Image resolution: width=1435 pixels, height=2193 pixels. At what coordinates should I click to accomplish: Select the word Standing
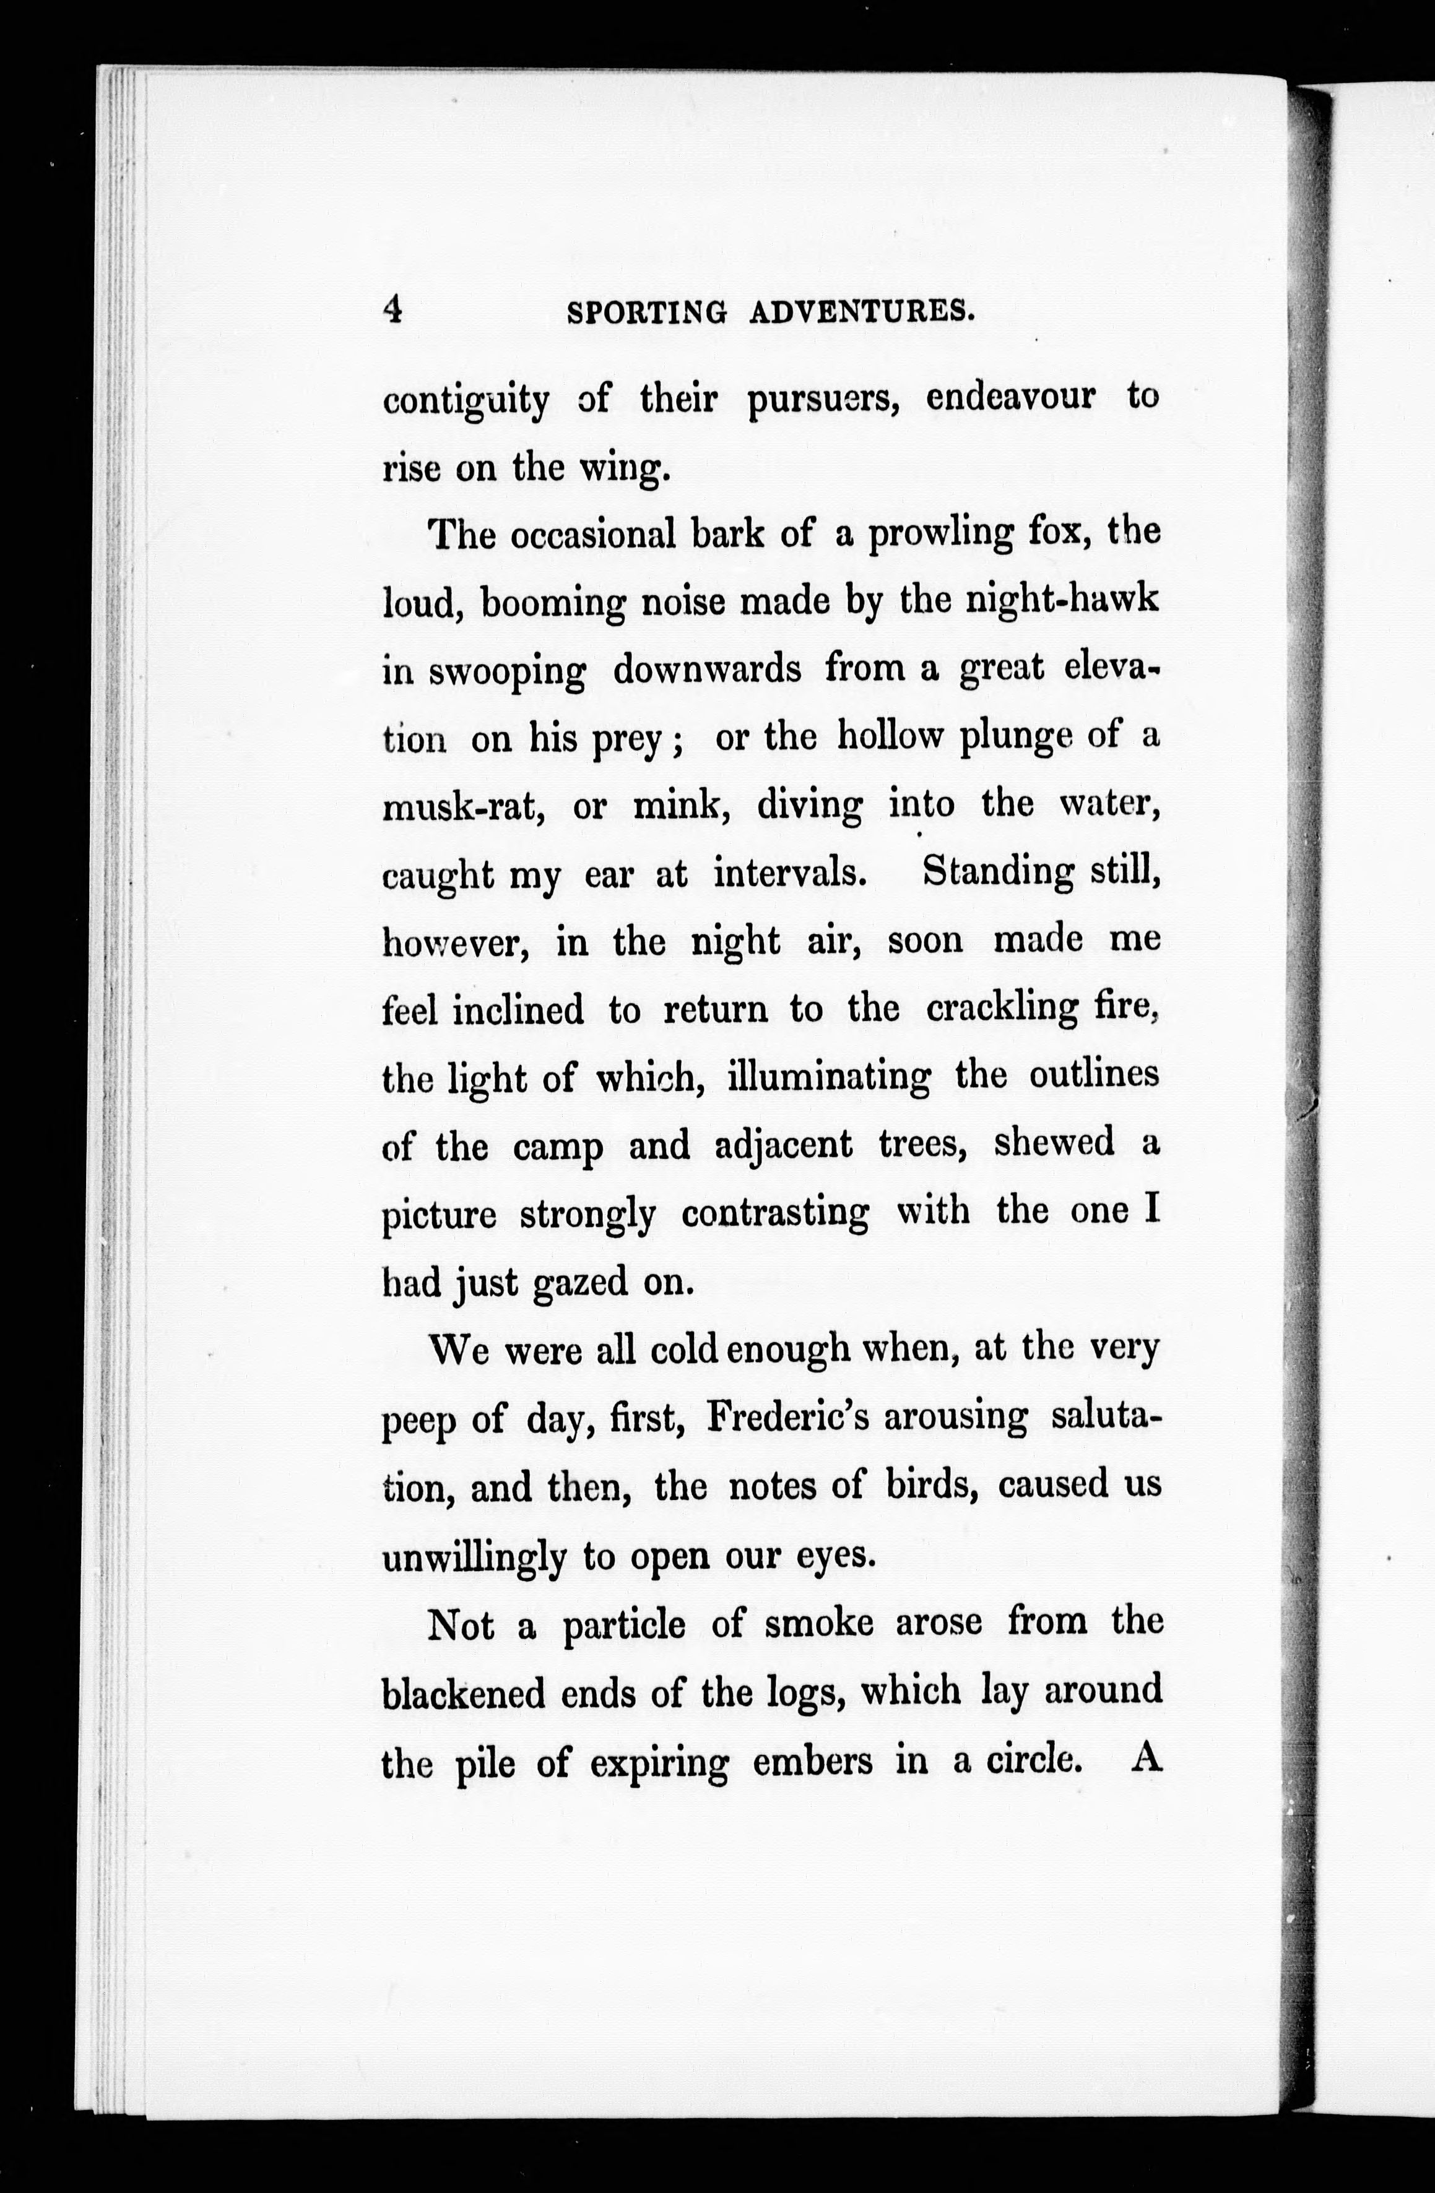[998, 872]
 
